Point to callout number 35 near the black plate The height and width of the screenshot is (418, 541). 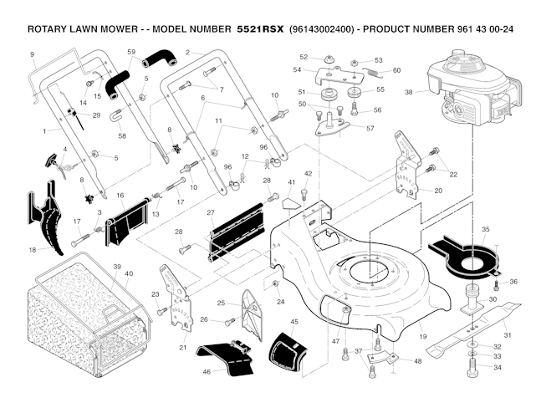pos(486,228)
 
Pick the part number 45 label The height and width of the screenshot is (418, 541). pos(293,321)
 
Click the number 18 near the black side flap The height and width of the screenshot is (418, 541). pos(33,249)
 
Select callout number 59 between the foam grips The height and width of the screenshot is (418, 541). pos(131,52)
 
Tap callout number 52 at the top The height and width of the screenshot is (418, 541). pos(304,57)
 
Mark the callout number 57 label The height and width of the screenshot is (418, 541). pos(370,128)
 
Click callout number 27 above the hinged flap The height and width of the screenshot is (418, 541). pos(211,213)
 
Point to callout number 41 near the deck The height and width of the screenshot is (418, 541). pos(292,182)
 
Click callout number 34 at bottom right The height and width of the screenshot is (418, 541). pos(497,368)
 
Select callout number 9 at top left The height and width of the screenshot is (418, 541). pos(32,54)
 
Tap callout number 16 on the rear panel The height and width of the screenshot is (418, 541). pos(120,196)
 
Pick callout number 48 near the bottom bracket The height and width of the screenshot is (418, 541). pos(417,362)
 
